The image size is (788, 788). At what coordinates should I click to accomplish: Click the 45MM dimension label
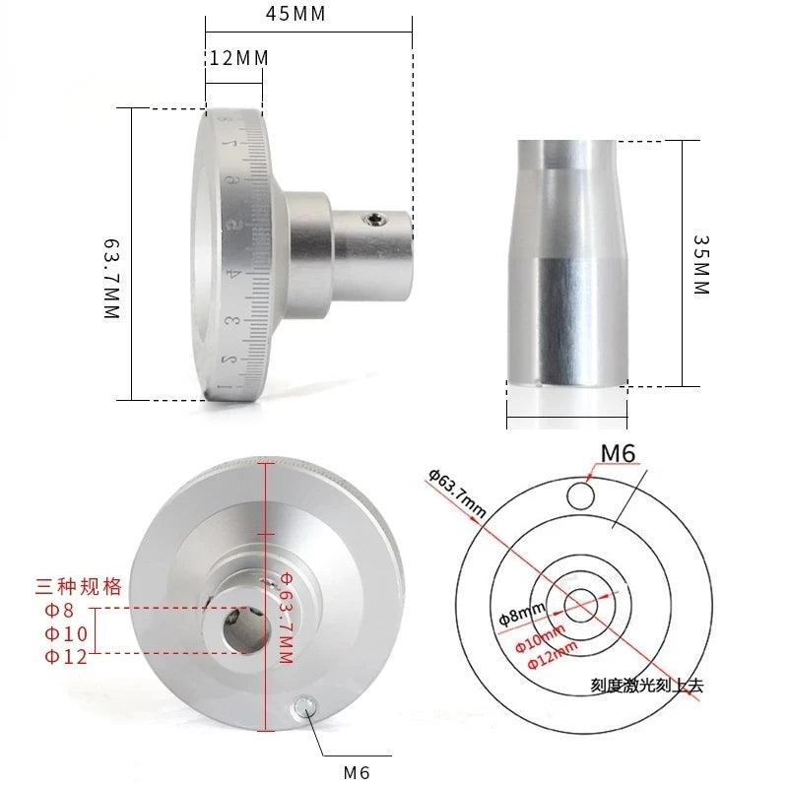[x=295, y=14]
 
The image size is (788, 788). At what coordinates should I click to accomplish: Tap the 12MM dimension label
[x=238, y=58]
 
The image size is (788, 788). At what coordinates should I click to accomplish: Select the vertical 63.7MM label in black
[x=111, y=277]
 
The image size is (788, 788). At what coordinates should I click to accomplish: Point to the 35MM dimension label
[x=700, y=264]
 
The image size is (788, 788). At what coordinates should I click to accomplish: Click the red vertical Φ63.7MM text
[x=285, y=619]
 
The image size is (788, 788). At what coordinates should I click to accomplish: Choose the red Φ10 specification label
[x=66, y=632]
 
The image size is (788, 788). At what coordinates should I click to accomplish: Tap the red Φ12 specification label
[x=66, y=655]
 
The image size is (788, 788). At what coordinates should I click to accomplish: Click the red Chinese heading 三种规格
[x=79, y=587]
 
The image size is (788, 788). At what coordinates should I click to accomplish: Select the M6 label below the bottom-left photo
[x=357, y=772]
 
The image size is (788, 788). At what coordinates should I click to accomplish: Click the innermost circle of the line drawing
[x=579, y=600]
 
